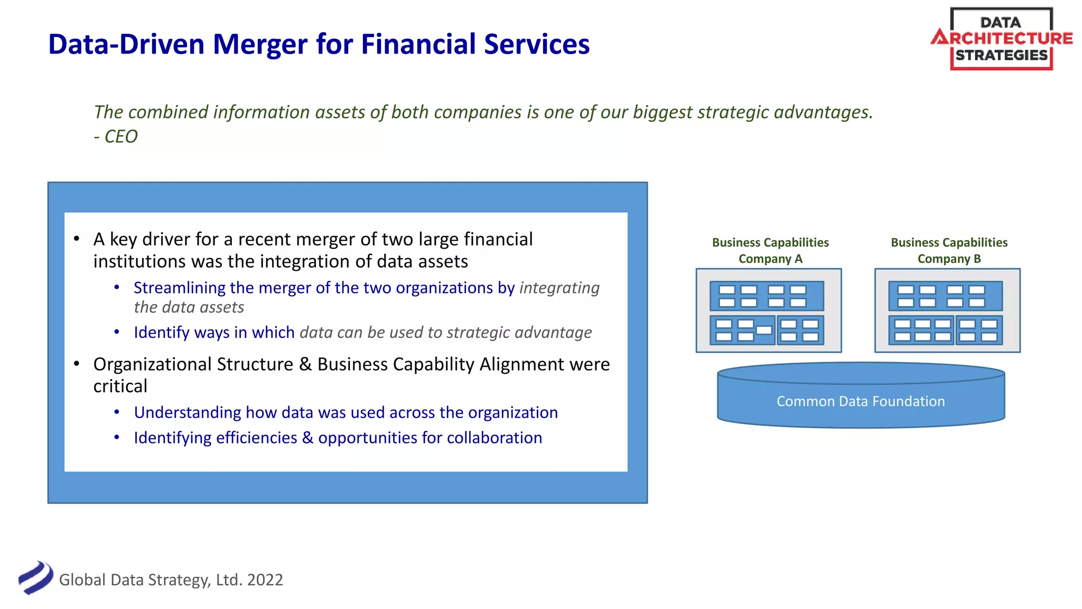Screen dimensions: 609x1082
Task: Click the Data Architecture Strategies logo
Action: pyautogui.click(x=1001, y=39)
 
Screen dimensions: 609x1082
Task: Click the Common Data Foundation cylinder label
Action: pyautogui.click(x=860, y=401)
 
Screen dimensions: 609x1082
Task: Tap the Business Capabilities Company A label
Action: pyautogui.click(x=770, y=251)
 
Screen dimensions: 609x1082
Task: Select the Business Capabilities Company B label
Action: pyautogui.click(x=948, y=251)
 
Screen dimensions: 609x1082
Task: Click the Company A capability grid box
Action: pyautogui.click(x=768, y=311)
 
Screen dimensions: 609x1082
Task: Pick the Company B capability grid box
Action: pyautogui.click(x=947, y=311)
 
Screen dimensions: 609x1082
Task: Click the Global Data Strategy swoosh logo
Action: pyautogui.click(x=35, y=578)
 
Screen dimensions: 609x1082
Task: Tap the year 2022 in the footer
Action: pyautogui.click(x=265, y=580)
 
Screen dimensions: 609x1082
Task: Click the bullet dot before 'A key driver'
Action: pyautogui.click(x=77, y=239)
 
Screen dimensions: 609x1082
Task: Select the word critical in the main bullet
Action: pyautogui.click(x=120, y=386)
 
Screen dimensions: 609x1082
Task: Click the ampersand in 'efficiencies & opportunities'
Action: pyautogui.click(x=307, y=438)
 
